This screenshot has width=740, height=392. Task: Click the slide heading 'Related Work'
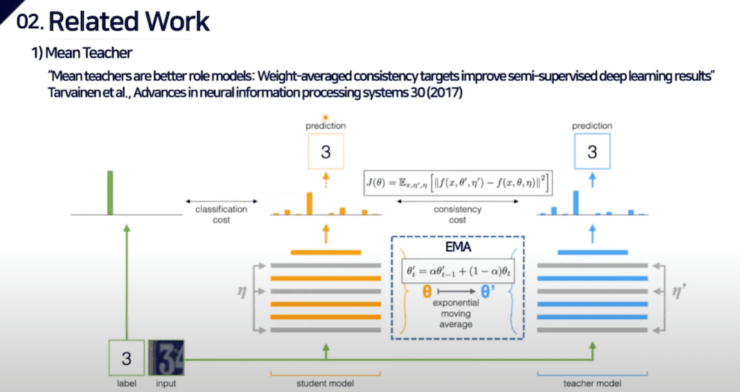pyautogui.click(x=129, y=21)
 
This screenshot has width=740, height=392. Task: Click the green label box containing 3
pyautogui.click(x=127, y=359)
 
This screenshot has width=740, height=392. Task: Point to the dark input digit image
pyautogui.click(x=165, y=359)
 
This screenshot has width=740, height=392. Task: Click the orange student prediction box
pyautogui.click(x=325, y=153)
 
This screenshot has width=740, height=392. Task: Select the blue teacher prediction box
pyautogui.click(x=592, y=153)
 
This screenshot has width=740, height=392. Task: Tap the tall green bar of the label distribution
pyautogui.click(x=111, y=193)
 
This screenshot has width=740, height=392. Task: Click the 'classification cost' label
pyautogui.click(x=221, y=214)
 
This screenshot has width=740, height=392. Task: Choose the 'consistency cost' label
pyautogui.click(x=457, y=214)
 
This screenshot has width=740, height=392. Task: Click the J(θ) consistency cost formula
pyautogui.click(x=458, y=183)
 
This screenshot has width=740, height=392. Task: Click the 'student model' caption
pyautogui.click(x=325, y=383)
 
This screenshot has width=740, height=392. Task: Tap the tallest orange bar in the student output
pyautogui.click(x=309, y=204)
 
